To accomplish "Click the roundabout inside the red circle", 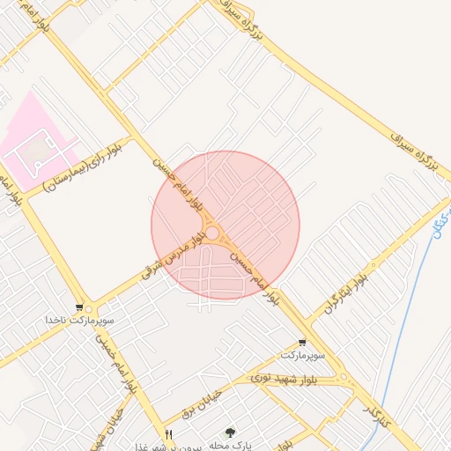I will (212, 233).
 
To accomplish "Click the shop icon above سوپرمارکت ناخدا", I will (80, 308).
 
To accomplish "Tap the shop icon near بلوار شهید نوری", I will (303, 342).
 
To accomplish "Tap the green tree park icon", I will (231, 433).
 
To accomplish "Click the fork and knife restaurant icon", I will (168, 433).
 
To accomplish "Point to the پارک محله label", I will (231, 445).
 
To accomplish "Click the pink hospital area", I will (35, 141).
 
